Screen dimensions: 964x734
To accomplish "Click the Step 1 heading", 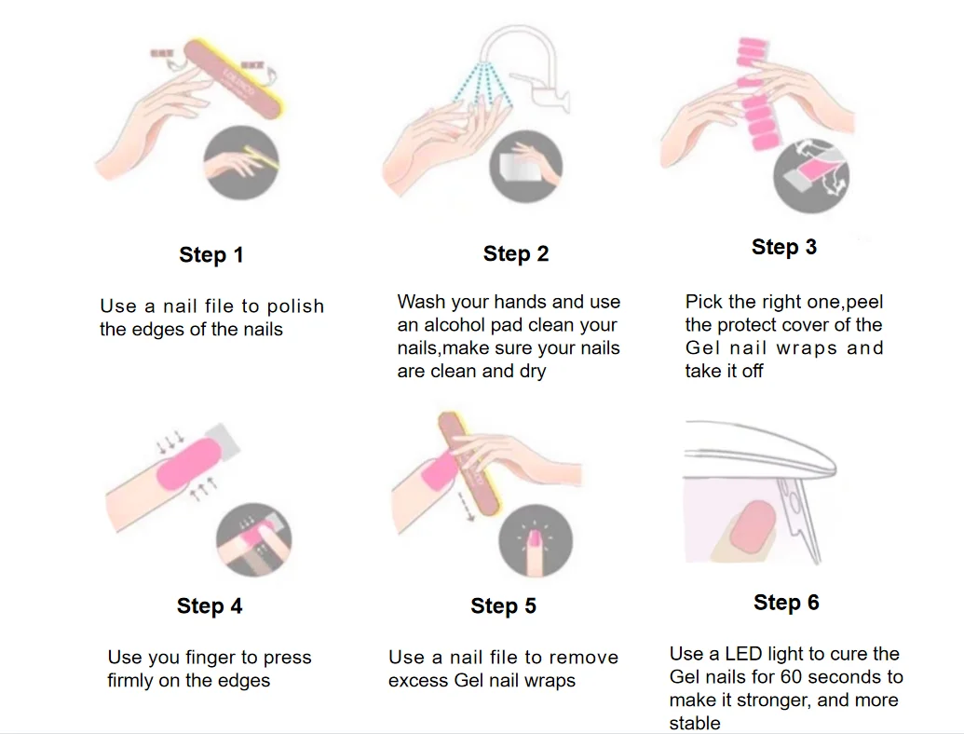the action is pos(211,254).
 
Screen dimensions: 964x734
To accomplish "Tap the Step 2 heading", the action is pos(516,253).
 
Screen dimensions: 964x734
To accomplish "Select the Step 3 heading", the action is pos(784,247).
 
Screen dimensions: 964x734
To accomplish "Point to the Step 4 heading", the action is pos(210,605).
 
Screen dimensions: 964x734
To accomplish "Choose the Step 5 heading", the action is pos(504,605).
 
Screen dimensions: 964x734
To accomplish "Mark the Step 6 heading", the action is pos(786,603).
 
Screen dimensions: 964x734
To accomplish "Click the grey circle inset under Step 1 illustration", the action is pos(241,162).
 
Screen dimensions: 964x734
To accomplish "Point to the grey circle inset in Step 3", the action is pos(811,176).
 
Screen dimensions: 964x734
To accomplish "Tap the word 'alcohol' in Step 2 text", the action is pos(455,324).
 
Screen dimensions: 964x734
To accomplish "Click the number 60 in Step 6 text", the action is pos(792,677).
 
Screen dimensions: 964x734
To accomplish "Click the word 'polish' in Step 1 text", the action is pos(295,306).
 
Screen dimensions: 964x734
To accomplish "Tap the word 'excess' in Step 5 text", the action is pos(419,681).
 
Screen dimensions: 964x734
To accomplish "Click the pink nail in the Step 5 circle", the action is pos(534,539).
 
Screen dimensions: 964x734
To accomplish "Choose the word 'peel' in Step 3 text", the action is pos(865,302).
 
